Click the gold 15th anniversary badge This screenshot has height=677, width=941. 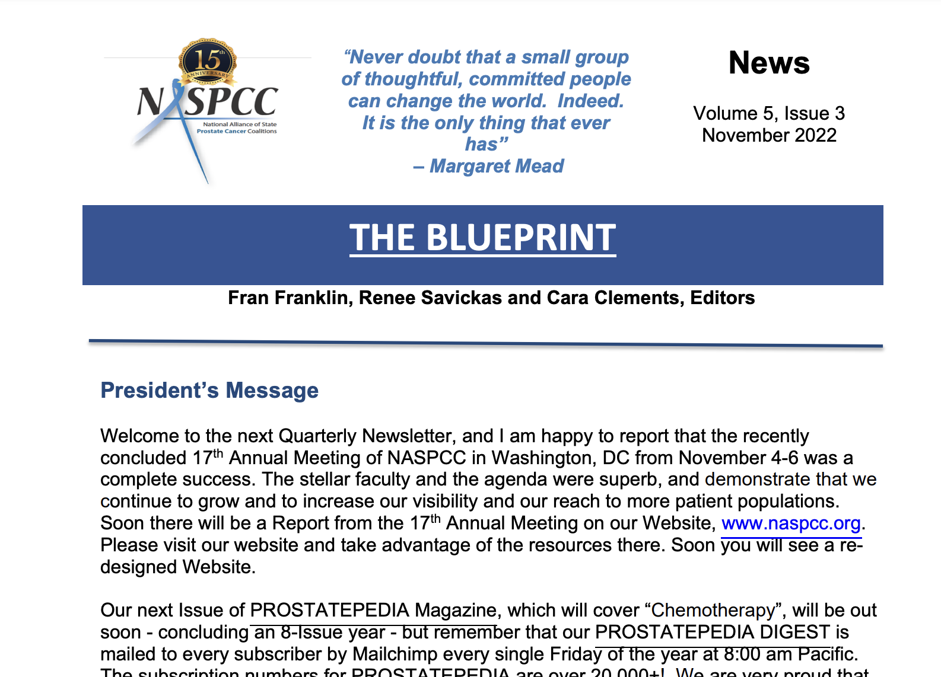[208, 61]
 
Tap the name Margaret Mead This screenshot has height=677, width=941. [497, 166]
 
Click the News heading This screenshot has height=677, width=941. [769, 63]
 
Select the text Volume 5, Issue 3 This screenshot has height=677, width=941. [769, 113]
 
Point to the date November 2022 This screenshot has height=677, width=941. [769, 135]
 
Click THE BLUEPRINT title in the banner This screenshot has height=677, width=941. [482, 238]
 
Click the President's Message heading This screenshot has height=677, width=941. [209, 391]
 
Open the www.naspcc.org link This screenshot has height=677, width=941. [791, 523]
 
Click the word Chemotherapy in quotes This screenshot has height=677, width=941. [713, 610]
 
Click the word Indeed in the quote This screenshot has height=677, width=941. [590, 101]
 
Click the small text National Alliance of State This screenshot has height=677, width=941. [240, 124]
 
